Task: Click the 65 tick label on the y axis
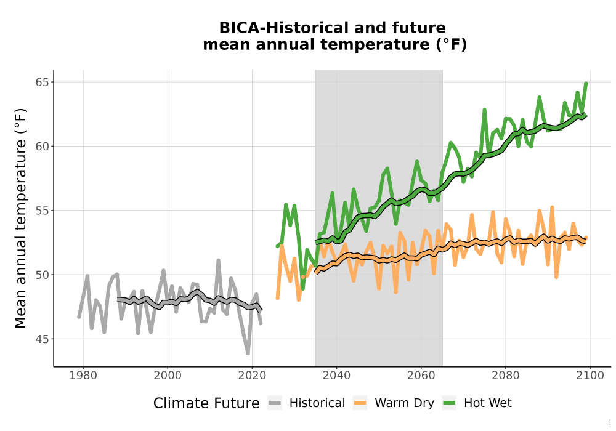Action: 41,82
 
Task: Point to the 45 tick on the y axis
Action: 41,339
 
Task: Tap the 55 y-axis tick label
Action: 41,211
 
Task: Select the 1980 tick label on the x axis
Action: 83,376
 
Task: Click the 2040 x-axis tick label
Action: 337,376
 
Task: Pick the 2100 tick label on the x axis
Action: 590,376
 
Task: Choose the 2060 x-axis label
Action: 421,376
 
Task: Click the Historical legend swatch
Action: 275,403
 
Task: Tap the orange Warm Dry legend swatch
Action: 360,403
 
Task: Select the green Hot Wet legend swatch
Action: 449,403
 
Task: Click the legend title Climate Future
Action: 206,403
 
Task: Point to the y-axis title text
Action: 20,218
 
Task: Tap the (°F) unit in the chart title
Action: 452,45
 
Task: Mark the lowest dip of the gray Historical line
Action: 248,353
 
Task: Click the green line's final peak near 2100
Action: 586,83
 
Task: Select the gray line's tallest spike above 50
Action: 219,260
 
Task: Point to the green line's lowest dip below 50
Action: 302,289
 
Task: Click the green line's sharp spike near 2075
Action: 484,110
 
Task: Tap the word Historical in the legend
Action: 317,403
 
